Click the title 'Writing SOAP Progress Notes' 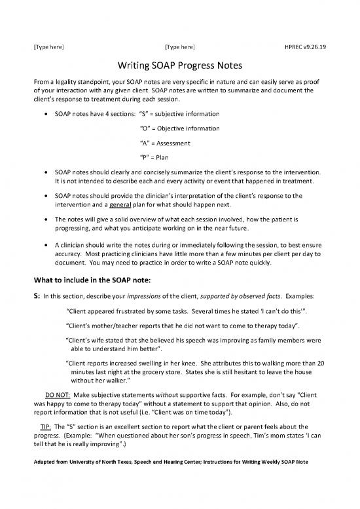[x=180, y=67]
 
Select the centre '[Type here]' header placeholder [x=179, y=47]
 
